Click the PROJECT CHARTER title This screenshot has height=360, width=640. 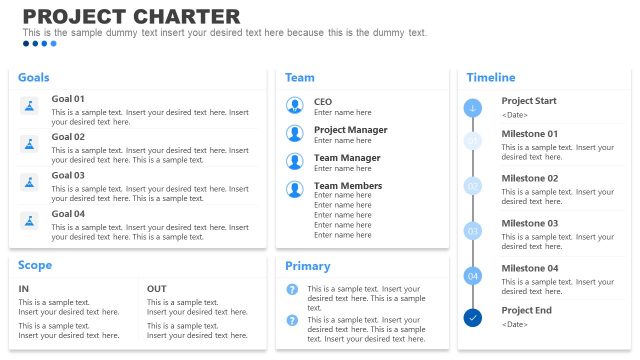coord(131,16)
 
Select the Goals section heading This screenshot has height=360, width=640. coord(34,78)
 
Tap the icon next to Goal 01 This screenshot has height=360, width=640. coord(30,106)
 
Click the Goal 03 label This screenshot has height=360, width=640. coord(68,176)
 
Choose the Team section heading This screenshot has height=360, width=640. coord(300,78)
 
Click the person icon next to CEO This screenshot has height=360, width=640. coord(295,105)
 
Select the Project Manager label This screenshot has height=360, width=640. coord(350,130)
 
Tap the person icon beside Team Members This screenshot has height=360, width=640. coord(295,189)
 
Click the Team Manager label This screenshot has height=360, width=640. coord(347,158)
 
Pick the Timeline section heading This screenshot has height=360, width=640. coord(491,78)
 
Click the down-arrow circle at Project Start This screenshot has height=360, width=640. coord(473,108)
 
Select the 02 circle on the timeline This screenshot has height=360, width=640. coord(473,185)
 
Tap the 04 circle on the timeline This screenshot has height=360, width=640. coord(473,275)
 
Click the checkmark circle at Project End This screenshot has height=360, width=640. coord(473,318)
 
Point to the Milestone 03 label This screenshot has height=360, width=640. coord(530,224)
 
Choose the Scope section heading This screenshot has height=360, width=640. coord(35,266)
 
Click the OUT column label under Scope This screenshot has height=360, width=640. coord(157,289)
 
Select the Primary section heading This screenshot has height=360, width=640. coord(307,267)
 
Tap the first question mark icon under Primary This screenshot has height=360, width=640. coord(292,290)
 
